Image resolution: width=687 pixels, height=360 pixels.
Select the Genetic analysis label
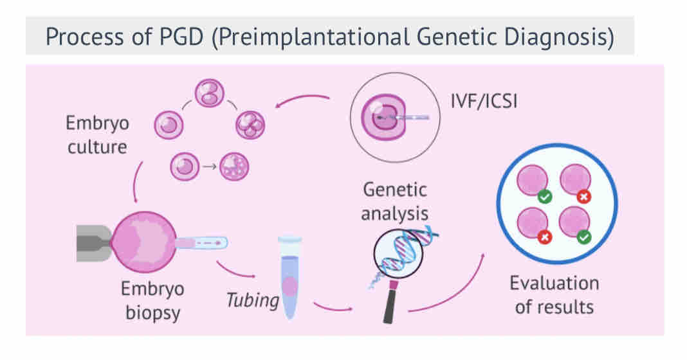(x=394, y=201)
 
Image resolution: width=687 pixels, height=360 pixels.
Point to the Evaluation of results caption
(x=554, y=294)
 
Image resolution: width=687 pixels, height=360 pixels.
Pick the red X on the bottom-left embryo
(x=544, y=238)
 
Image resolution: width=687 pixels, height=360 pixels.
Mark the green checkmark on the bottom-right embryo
(x=584, y=238)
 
